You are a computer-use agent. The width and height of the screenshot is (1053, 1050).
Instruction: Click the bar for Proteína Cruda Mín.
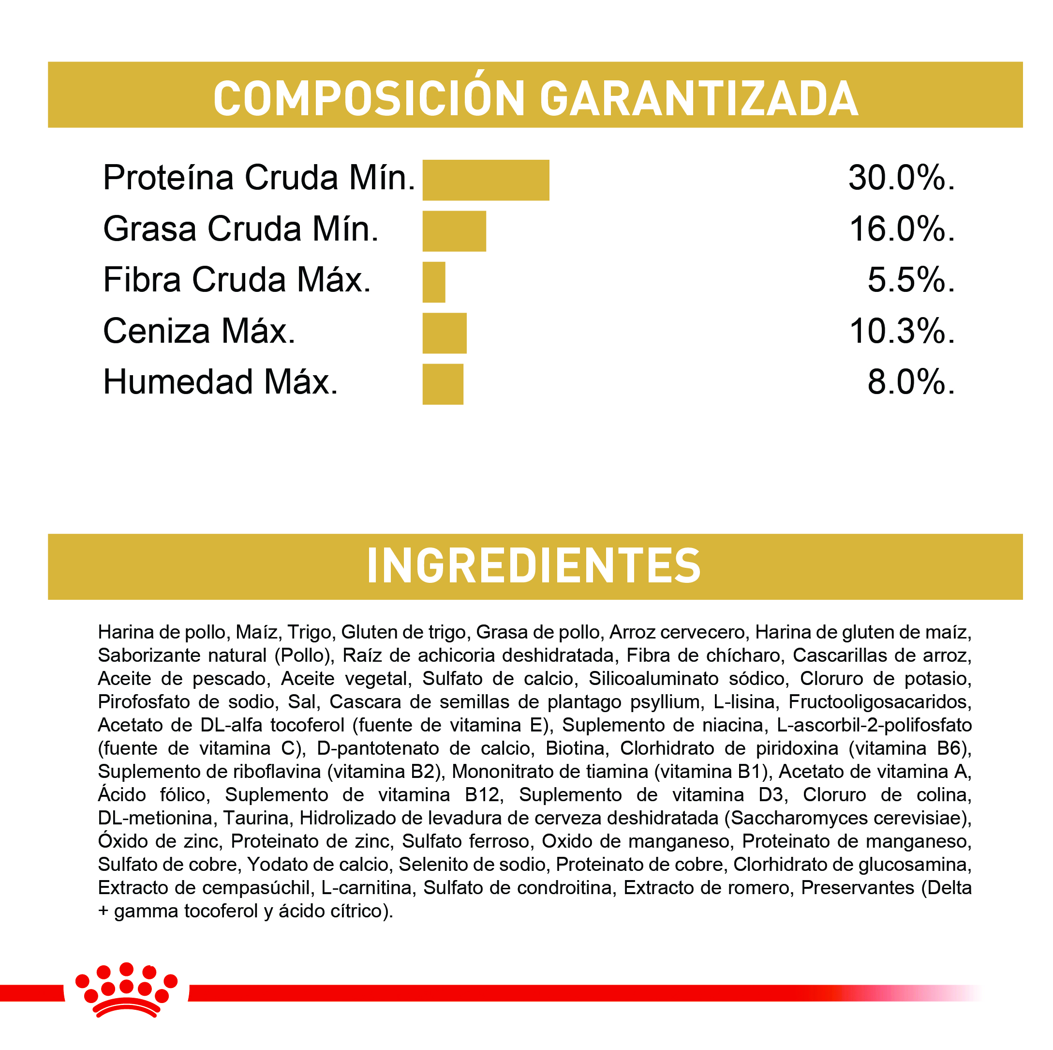coord(486,180)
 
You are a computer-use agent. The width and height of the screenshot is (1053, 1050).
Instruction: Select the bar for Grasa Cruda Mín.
coord(454,231)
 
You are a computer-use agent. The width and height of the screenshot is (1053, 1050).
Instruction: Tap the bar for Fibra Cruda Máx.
coord(434,282)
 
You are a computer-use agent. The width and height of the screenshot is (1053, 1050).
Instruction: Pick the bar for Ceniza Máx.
coord(444,333)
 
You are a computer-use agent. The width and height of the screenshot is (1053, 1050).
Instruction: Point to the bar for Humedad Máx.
coord(443,384)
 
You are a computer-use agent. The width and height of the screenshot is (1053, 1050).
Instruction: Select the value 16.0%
coord(902,229)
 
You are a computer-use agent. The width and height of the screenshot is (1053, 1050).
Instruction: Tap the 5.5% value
coord(911,280)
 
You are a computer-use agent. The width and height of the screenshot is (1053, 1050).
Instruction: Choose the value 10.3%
coord(902,331)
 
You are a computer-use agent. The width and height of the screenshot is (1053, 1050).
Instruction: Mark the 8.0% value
coord(911,382)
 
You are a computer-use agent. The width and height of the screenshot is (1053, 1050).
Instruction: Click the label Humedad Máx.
coord(220,382)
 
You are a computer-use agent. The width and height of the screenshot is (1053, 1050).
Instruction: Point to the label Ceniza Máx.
coord(199,331)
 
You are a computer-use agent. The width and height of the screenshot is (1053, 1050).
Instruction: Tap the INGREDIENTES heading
coord(534,566)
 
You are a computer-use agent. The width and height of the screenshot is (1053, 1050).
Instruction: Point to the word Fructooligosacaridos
coord(880,702)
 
